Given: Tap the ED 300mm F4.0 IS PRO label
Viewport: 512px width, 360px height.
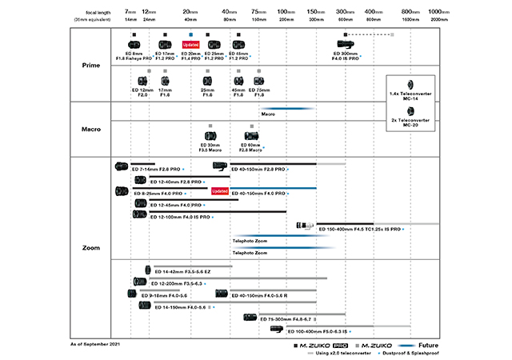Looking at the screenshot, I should tap(345, 56).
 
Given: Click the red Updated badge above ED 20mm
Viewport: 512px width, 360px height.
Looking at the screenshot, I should tap(190, 44).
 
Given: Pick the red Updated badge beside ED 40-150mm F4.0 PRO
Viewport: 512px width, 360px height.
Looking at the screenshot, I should tap(220, 192).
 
